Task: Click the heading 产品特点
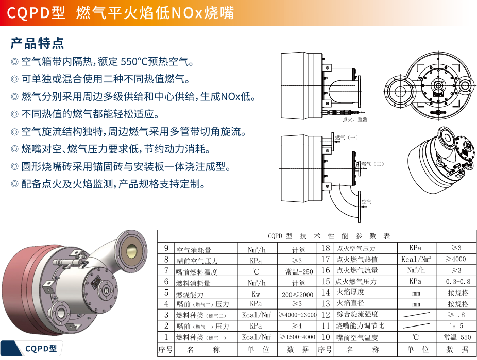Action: click(x=38, y=43)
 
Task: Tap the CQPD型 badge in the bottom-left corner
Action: click(x=41, y=349)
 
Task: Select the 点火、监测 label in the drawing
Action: click(x=355, y=119)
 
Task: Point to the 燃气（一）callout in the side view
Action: click(x=346, y=138)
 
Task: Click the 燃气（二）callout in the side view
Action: click(x=372, y=164)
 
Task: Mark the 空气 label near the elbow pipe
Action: click(x=367, y=201)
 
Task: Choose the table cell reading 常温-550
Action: click(x=457, y=338)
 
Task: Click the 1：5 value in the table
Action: click(x=457, y=326)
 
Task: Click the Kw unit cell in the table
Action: click(x=256, y=294)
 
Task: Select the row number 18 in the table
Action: click(x=326, y=248)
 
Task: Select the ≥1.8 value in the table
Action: click(x=457, y=315)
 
